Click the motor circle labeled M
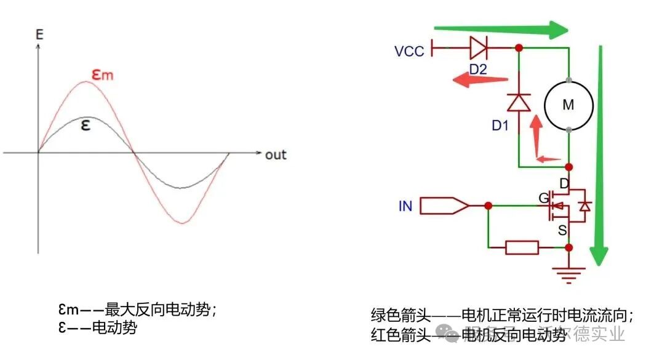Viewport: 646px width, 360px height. click(568, 105)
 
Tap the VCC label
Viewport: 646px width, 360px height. click(409, 51)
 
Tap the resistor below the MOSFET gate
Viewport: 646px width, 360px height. click(522, 248)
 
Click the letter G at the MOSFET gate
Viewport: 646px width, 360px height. click(543, 199)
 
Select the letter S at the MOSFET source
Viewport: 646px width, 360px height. click(562, 230)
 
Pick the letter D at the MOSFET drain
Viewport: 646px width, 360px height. click(564, 183)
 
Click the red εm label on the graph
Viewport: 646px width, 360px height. click(103, 74)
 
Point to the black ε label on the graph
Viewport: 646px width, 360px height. click(86, 125)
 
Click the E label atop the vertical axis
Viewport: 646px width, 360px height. click(39, 34)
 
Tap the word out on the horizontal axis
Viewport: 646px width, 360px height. click(276, 154)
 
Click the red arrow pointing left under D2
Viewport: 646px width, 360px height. click(481, 80)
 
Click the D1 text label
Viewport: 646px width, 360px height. click(500, 126)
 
